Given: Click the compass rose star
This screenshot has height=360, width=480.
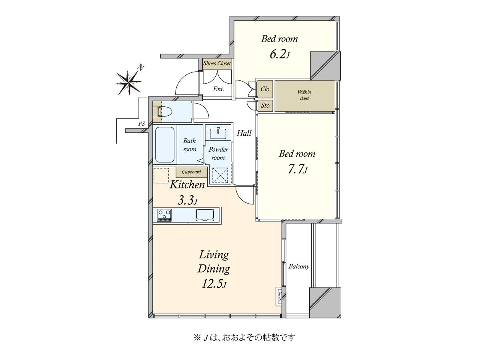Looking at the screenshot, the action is pyautogui.click(x=128, y=82).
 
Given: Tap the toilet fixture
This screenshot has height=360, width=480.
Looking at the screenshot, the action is pyautogui.click(x=164, y=112).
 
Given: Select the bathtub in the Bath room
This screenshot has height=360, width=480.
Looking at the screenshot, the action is pyautogui.click(x=165, y=145).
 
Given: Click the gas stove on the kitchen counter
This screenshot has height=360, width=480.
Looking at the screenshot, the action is pyautogui.click(x=164, y=215).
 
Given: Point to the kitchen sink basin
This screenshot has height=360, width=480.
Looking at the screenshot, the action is pyautogui.click(x=205, y=215).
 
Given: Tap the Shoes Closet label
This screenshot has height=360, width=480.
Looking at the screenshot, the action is pyautogui.click(x=217, y=63).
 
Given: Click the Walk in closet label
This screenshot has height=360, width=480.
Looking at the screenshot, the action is pyautogui.click(x=304, y=95).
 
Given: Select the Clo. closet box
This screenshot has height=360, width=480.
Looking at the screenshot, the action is pyautogui.click(x=265, y=89).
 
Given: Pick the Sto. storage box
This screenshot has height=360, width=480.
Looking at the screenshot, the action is pyautogui.click(x=265, y=106).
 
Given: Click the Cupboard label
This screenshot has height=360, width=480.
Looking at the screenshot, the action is pyautogui.click(x=191, y=172).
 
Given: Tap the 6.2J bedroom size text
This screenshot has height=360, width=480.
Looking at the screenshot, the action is pyautogui.click(x=280, y=54).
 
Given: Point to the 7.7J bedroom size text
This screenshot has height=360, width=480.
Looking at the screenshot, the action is pyautogui.click(x=298, y=169).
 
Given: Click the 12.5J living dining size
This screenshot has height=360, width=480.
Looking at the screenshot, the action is pyautogui.click(x=214, y=284).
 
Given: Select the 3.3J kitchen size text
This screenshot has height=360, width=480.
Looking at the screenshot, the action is pyautogui.click(x=188, y=200).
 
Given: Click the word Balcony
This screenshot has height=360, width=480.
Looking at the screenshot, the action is pyautogui.click(x=299, y=266).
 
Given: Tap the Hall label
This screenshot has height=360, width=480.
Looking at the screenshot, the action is pyautogui.click(x=244, y=133).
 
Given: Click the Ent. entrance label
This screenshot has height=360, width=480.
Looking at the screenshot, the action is pyautogui.click(x=218, y=89).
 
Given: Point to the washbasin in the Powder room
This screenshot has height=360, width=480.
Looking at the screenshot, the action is pyautogui.click(x=218, y=133).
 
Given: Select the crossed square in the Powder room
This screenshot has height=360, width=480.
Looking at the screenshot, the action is pyautogui.click(x=220, y=175).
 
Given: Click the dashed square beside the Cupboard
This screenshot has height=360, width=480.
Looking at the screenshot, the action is pyautogui.click(x=161, y=176).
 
